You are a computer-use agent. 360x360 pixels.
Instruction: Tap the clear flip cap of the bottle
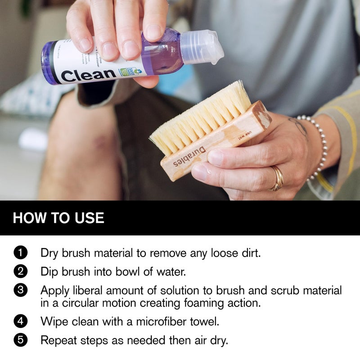pos(201,47)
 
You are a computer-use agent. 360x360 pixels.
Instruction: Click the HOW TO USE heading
pos(58,218)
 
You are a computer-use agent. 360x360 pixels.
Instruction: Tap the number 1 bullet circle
pos(21,252)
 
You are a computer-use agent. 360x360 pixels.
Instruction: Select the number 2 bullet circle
pos(21,271)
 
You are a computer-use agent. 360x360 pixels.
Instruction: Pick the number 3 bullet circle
pos(21,290)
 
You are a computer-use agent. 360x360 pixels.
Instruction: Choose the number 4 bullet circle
pos(21,321)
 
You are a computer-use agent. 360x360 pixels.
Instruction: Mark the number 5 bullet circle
pos(21,340)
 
